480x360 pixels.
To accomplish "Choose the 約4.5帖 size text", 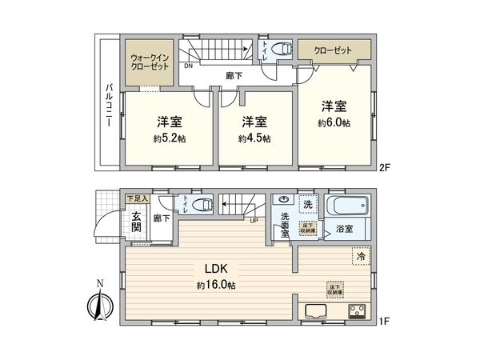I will click(254, 138).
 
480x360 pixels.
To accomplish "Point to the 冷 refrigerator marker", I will click(361, 258).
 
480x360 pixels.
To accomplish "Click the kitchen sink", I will click(311, 311).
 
